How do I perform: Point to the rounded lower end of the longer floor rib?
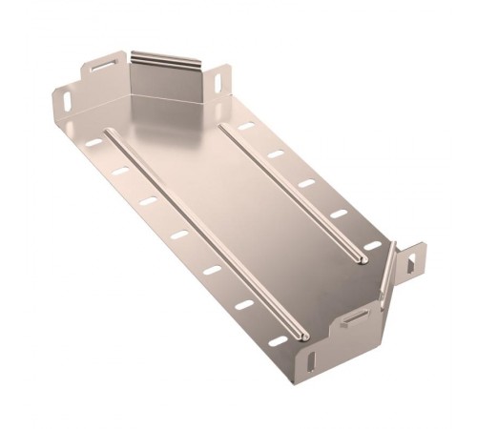click(x=298, y=335)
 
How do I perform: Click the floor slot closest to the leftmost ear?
click(x=93, y=143)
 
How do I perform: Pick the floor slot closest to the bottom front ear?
click(x=277, y=340)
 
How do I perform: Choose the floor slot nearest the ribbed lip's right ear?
click(x=245, y=126)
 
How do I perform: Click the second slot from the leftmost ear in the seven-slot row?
click(x=120, y=173)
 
